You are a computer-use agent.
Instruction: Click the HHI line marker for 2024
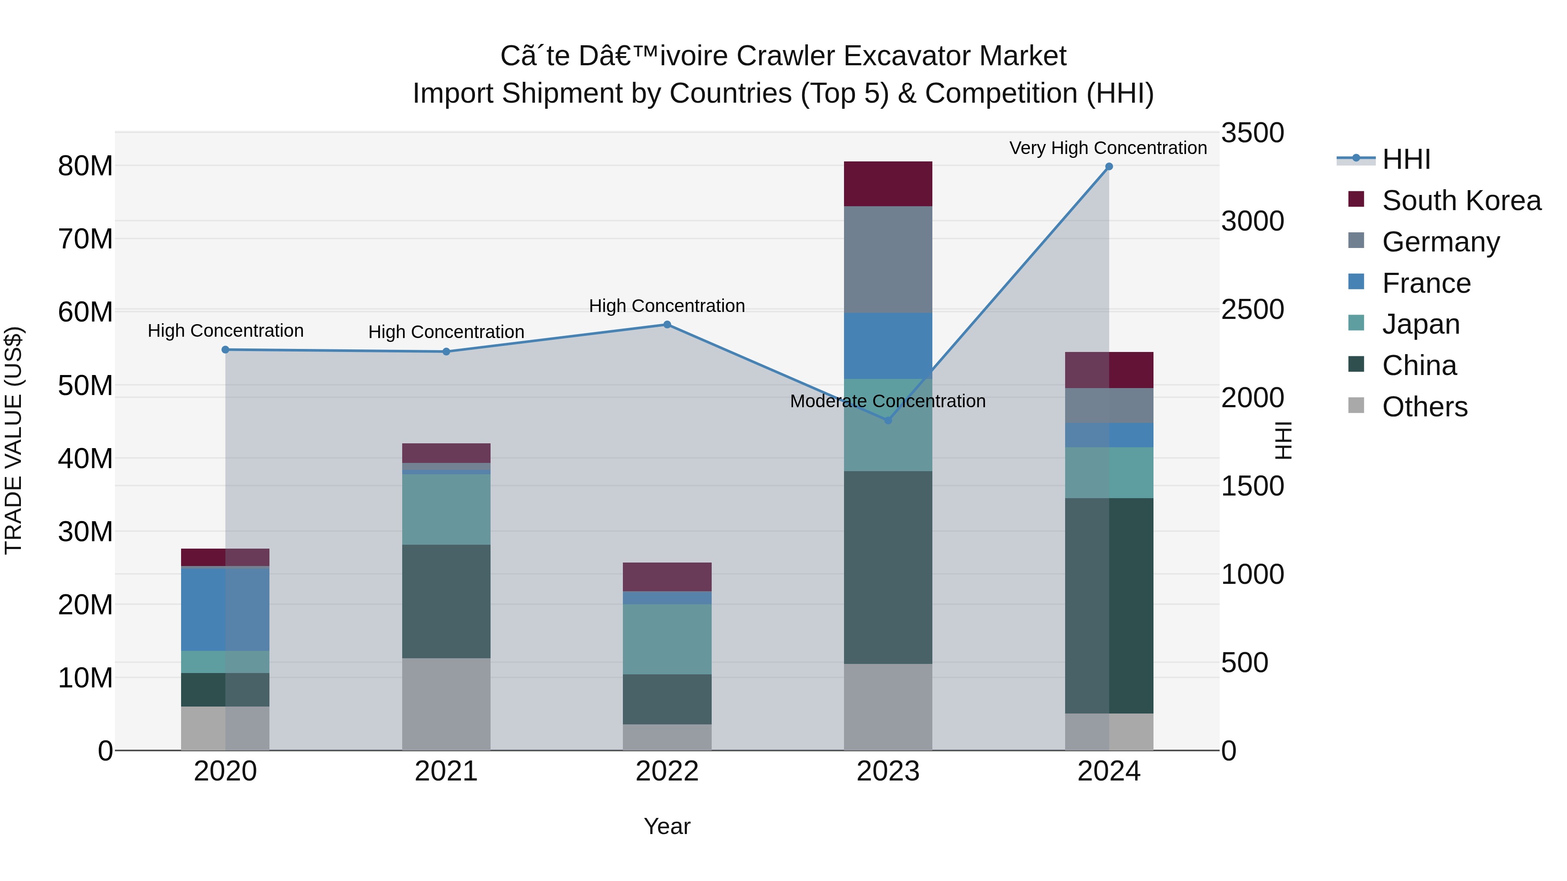(1108, 167)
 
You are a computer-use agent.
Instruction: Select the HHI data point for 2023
(888, 420)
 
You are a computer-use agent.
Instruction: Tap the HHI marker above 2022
(667, 325)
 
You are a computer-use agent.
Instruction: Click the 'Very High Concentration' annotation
(1108, 148)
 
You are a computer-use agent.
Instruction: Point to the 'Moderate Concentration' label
(888, 401)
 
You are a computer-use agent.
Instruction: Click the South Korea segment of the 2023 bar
(888, 184)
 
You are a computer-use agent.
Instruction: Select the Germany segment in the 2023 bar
(888, 260)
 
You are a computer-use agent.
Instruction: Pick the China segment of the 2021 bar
(446, 601)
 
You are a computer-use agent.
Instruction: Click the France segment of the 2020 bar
(225, 608)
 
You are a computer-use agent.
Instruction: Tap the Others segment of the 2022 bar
(667, 737)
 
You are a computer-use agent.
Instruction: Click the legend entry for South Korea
(1461, 201)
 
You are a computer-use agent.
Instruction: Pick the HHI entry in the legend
(1406, 159)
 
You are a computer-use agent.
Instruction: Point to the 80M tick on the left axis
(85, 166)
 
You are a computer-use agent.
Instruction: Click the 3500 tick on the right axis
(1252, 133)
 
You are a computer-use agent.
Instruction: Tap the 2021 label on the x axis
(446, 771)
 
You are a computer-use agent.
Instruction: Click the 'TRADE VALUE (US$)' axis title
(14, 440)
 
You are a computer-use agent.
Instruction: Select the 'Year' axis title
(667, 826)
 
